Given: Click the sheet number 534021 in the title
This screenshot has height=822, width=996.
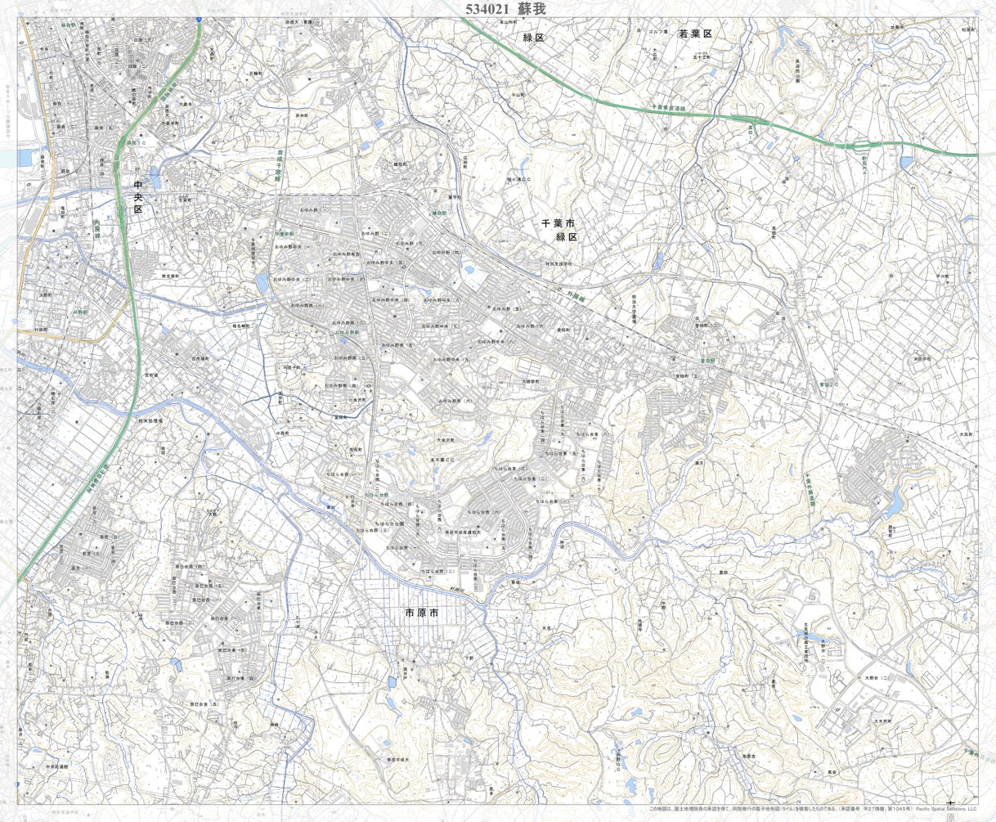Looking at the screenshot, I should click(x=488, y=8).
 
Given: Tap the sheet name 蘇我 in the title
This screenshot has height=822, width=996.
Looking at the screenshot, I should click(x=531, y=8).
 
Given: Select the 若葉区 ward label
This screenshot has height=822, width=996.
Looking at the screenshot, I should click(x=695, y=34).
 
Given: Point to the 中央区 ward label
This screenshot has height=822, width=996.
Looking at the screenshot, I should click(x=138, y=197).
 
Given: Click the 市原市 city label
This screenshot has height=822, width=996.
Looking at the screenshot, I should click(x=422, y=613).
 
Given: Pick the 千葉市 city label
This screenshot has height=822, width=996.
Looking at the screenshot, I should click(x=559, y=223).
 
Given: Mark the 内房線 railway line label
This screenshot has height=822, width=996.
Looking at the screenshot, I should click(x=96, y=228).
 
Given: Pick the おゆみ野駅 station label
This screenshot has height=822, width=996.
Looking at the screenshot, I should click(x=346, y=332).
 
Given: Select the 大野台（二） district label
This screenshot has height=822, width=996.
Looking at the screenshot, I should click(x=876, y=678).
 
